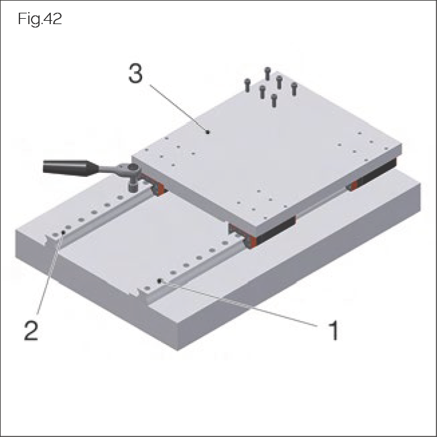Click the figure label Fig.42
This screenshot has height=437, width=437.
40,19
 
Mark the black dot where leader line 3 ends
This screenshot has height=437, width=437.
209,133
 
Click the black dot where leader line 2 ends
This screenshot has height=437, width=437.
63,233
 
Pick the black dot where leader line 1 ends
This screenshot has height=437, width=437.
160,281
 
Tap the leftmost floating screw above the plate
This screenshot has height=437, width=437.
248,84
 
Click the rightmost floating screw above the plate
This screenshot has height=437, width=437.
294,87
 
